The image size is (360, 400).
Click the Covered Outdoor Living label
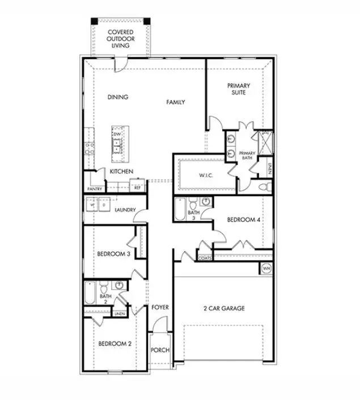[120, 38]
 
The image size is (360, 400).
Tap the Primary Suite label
[239, 89]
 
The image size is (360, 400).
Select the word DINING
[118, 97]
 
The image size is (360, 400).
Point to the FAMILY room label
[176, 103]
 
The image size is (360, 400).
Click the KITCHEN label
[121, 171]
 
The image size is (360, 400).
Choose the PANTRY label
[94, 189]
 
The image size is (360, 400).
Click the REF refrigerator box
[137, 186]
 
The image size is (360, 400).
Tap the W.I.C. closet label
[205, 176]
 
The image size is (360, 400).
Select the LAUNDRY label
[125, 210]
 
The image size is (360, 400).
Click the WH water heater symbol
[265, 267]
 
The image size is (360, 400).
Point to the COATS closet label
[205, 258]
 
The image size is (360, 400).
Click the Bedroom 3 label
[114, 254]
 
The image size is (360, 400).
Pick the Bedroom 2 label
[115, 344]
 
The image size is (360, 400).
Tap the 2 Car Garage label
[224, 308]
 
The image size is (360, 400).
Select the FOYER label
[160, 307]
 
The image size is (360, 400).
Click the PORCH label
[160, 350]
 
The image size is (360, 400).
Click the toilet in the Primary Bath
[262, 186]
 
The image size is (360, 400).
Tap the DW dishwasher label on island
[116, 134]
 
